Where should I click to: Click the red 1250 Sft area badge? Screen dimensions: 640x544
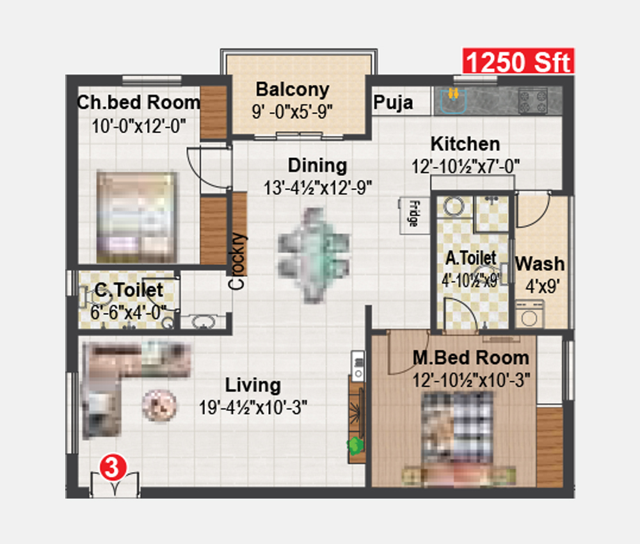(518, 61)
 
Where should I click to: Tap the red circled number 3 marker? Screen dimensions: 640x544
(113, 467)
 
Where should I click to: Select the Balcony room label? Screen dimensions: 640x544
(292, 90)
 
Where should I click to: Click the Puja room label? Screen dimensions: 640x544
(393, 102)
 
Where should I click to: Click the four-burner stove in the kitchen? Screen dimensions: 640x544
(532, 101)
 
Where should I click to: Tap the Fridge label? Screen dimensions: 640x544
(413, 213)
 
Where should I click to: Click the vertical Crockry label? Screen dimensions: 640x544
(237, 261)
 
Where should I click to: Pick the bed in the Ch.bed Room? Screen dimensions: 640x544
(137, 217)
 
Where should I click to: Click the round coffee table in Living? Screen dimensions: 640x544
(159, 406)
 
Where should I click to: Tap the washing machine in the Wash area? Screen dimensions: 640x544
(529, 314)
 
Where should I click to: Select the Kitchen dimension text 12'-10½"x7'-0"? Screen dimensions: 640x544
(465, 166)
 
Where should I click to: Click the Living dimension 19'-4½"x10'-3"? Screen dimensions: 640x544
(253, 407)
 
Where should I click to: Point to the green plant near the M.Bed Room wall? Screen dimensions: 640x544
(355, 445)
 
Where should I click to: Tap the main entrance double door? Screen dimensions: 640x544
(115, 485)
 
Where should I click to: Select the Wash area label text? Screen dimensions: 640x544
(540, 264)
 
